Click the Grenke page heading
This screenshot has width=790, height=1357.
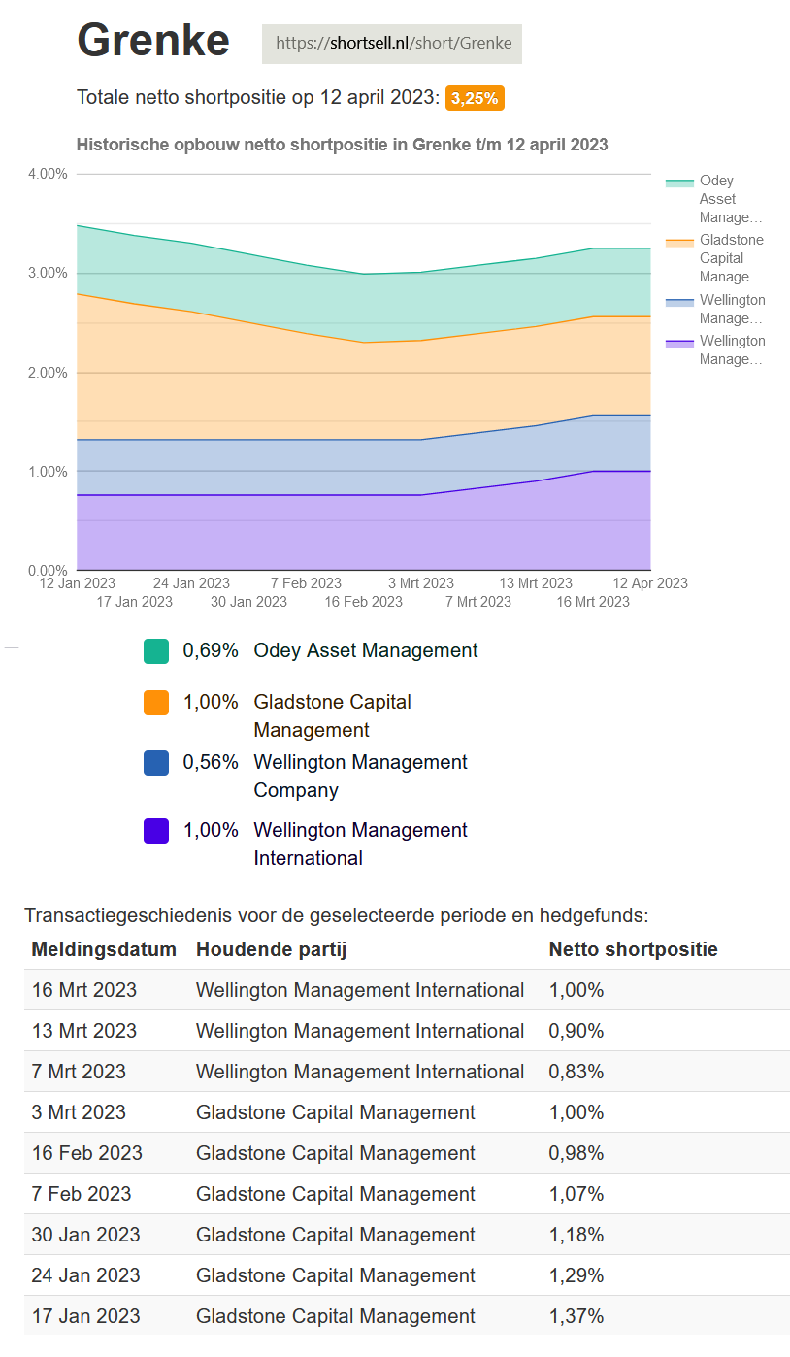pyautogui.click(x=153, y=41)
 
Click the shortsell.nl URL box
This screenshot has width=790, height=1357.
pyautogui.click(x=392, y=44)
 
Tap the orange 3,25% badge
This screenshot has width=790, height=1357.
pyautogui.click(x=475, y=98)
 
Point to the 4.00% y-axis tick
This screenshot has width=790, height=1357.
pyautogui.click(x=48, y=174)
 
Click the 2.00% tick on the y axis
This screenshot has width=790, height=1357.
pyautogui.click(x=48, y=373)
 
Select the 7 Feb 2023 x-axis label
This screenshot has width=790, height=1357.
pyautogui.click(x=306, y=583)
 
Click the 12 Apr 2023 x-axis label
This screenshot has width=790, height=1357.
pyautogui.click(x=650, y=583)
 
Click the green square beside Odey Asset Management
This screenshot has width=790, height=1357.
pyautogui.click(x=156, y=651)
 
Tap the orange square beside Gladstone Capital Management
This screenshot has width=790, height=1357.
pyautogui.click(x=156, y=703)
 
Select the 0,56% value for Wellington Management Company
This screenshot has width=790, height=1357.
pyautogui.click(x=211, y=763)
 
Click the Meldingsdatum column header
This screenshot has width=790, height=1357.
pyautogui.click(x=104, y=949)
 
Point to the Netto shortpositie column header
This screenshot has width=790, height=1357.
pyautogui.click(x=633, y=949)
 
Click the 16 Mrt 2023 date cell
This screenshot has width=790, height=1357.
pyautogui.click(x=84, y=990)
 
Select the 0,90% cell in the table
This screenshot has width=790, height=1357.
pyautogui.click(x=576, y=1031)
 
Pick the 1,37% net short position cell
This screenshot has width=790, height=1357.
pyautogui.click(x=576, y=1316)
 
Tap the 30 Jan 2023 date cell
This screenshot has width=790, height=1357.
pyautogui.click(x=86, y=1235)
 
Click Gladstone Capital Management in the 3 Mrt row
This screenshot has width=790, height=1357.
pyautogui.click(x=336, y=1112)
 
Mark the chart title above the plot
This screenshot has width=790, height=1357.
pyautogui.click(x=342, y=145)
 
